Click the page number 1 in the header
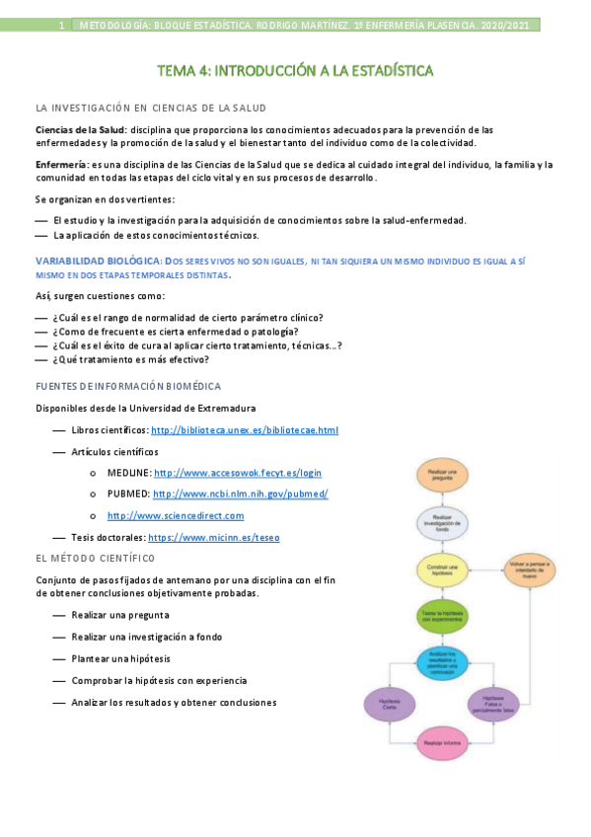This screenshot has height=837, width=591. tap(61, 25)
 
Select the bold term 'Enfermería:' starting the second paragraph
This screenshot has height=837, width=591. tap(61, 164)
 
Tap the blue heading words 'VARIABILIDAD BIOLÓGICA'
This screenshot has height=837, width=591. tap(96, 260)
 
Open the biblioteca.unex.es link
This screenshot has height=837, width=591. tap(245, 430)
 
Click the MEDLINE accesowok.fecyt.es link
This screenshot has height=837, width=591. tap(238, 473)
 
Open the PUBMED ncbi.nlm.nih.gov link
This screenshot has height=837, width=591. tap(240, 494)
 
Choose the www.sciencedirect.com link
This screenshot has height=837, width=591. tap(176, 515)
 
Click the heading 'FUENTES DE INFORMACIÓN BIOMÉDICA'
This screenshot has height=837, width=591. tap(128, 386)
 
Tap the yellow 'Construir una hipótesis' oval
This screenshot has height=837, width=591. tap(439, 570)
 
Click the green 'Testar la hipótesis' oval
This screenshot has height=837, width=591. tap(439, 615)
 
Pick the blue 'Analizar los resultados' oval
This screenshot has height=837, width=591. tap(439, 660)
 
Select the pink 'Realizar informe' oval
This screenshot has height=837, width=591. tap(439, 742)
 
